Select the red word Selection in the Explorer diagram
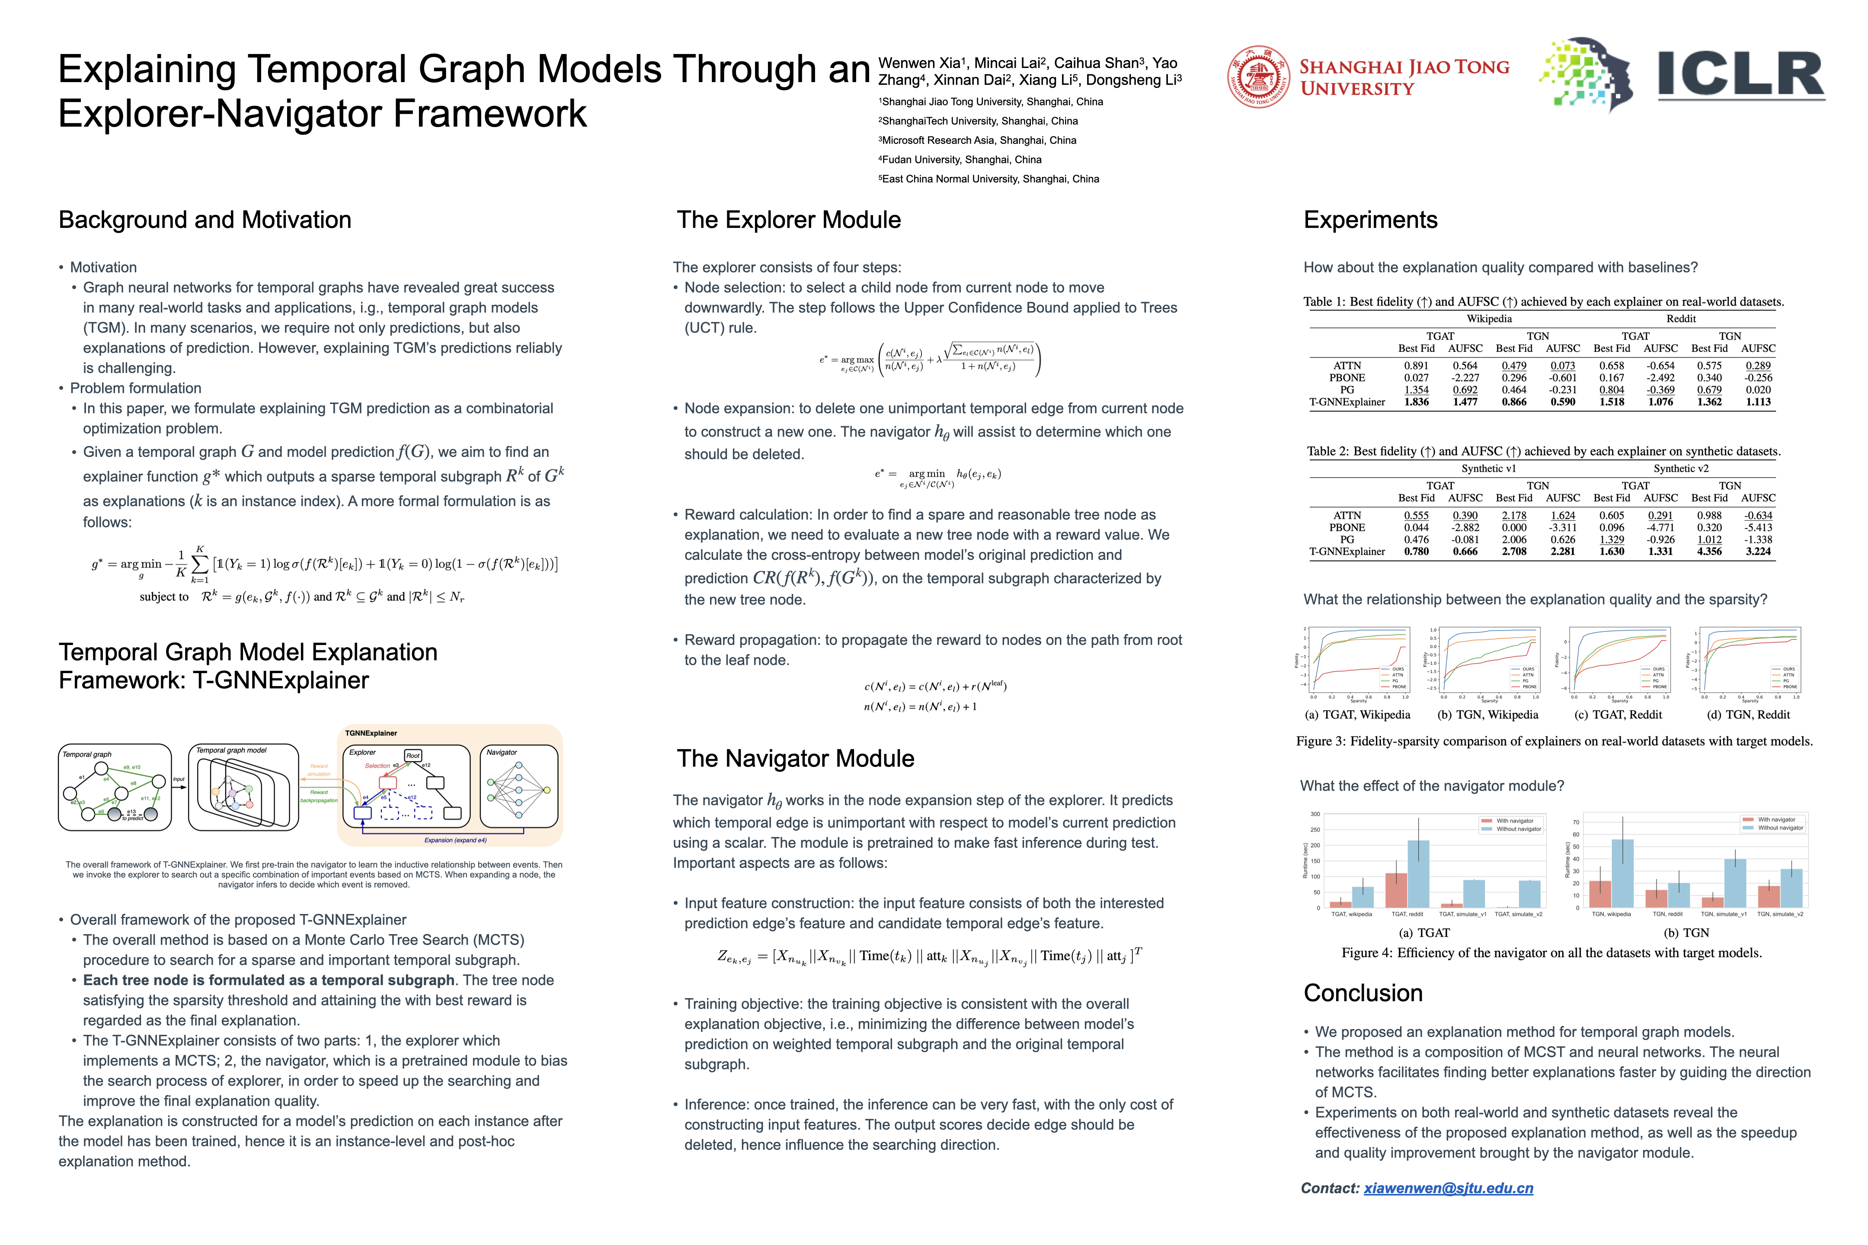[377, 766]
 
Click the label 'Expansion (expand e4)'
[455, 840]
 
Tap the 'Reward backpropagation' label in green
[319, 795]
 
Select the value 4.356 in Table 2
[1709, 551]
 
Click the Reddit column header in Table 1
[1681, 319]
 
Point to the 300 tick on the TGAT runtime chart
[1315, 814]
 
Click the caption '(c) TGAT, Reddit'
[1618, 715]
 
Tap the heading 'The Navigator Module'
[795, 758]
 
